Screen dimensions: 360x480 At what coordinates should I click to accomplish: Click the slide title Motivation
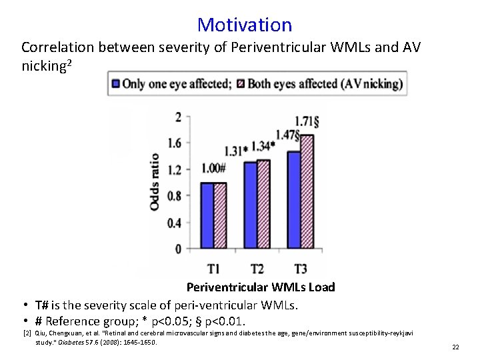point(245,25)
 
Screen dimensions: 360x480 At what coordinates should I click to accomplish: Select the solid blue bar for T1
point(207,216)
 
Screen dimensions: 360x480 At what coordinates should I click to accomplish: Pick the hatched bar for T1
point(220,216)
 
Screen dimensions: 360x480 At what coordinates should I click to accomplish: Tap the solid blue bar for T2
point(250,206)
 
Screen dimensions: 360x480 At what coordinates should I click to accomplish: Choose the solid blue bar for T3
point(294,200)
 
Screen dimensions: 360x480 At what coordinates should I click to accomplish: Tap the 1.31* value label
point(236,150)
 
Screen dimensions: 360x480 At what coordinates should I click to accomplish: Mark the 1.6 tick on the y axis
point(174,143)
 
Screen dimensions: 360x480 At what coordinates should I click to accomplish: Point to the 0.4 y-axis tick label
point(174,223)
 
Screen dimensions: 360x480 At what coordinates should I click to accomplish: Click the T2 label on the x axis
point(257,269)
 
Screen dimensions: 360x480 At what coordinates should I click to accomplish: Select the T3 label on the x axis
point(301,269)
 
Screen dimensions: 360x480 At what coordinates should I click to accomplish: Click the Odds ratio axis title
point(155,181)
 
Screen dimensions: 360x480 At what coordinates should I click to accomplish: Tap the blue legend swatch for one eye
point(115,84)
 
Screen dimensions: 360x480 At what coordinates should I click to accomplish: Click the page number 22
point(455,347)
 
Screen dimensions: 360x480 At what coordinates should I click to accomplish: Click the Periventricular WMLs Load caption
point(261,287)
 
